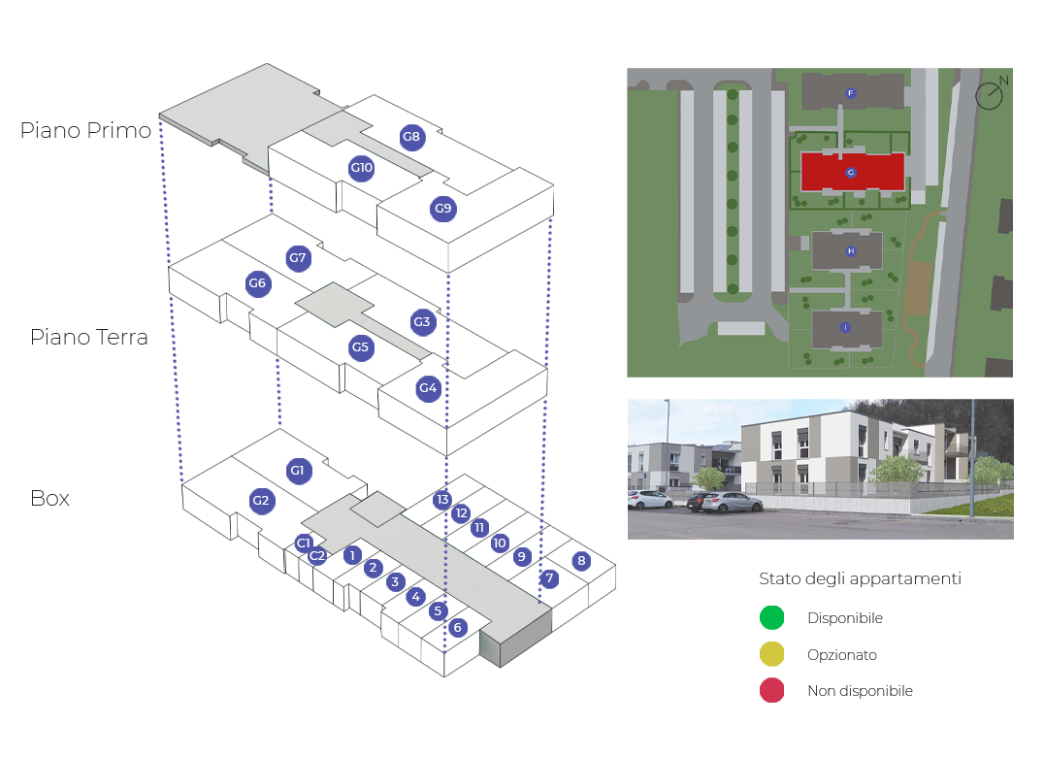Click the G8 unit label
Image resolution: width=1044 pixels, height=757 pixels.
tap(411, 137)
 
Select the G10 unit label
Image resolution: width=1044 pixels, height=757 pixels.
tap(361, 168)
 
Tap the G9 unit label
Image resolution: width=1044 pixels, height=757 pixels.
tap(442, 209)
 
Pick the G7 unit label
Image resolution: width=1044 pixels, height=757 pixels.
tap(297, 258)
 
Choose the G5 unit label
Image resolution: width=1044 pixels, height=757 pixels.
tap(361, 347)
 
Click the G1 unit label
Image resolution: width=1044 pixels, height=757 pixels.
tap(297, 472)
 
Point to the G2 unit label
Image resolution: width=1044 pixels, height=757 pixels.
tap(261, 502)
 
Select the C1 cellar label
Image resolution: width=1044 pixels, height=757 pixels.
tap(304, 543)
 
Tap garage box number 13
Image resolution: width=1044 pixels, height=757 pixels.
tap(442, 500)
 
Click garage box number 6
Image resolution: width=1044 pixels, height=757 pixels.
tap(457, 628)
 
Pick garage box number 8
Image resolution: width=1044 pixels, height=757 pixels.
tap(581, 561)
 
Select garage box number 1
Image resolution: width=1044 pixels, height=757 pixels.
tap(352, 556)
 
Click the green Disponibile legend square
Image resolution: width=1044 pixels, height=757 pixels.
tap(771, 618)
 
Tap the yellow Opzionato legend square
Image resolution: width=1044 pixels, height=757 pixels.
tap(771, 655)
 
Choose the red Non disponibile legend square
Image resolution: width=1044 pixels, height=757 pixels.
tap(771, 691)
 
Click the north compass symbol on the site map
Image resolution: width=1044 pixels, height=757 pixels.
tap(990, 94)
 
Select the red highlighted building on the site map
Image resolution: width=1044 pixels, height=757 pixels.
tap(852, 173)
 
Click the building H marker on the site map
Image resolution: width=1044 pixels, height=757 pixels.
tap(851, 251)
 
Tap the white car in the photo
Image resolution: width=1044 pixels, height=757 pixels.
tap(649, 500)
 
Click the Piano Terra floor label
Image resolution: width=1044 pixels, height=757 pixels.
tap(89, 338)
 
